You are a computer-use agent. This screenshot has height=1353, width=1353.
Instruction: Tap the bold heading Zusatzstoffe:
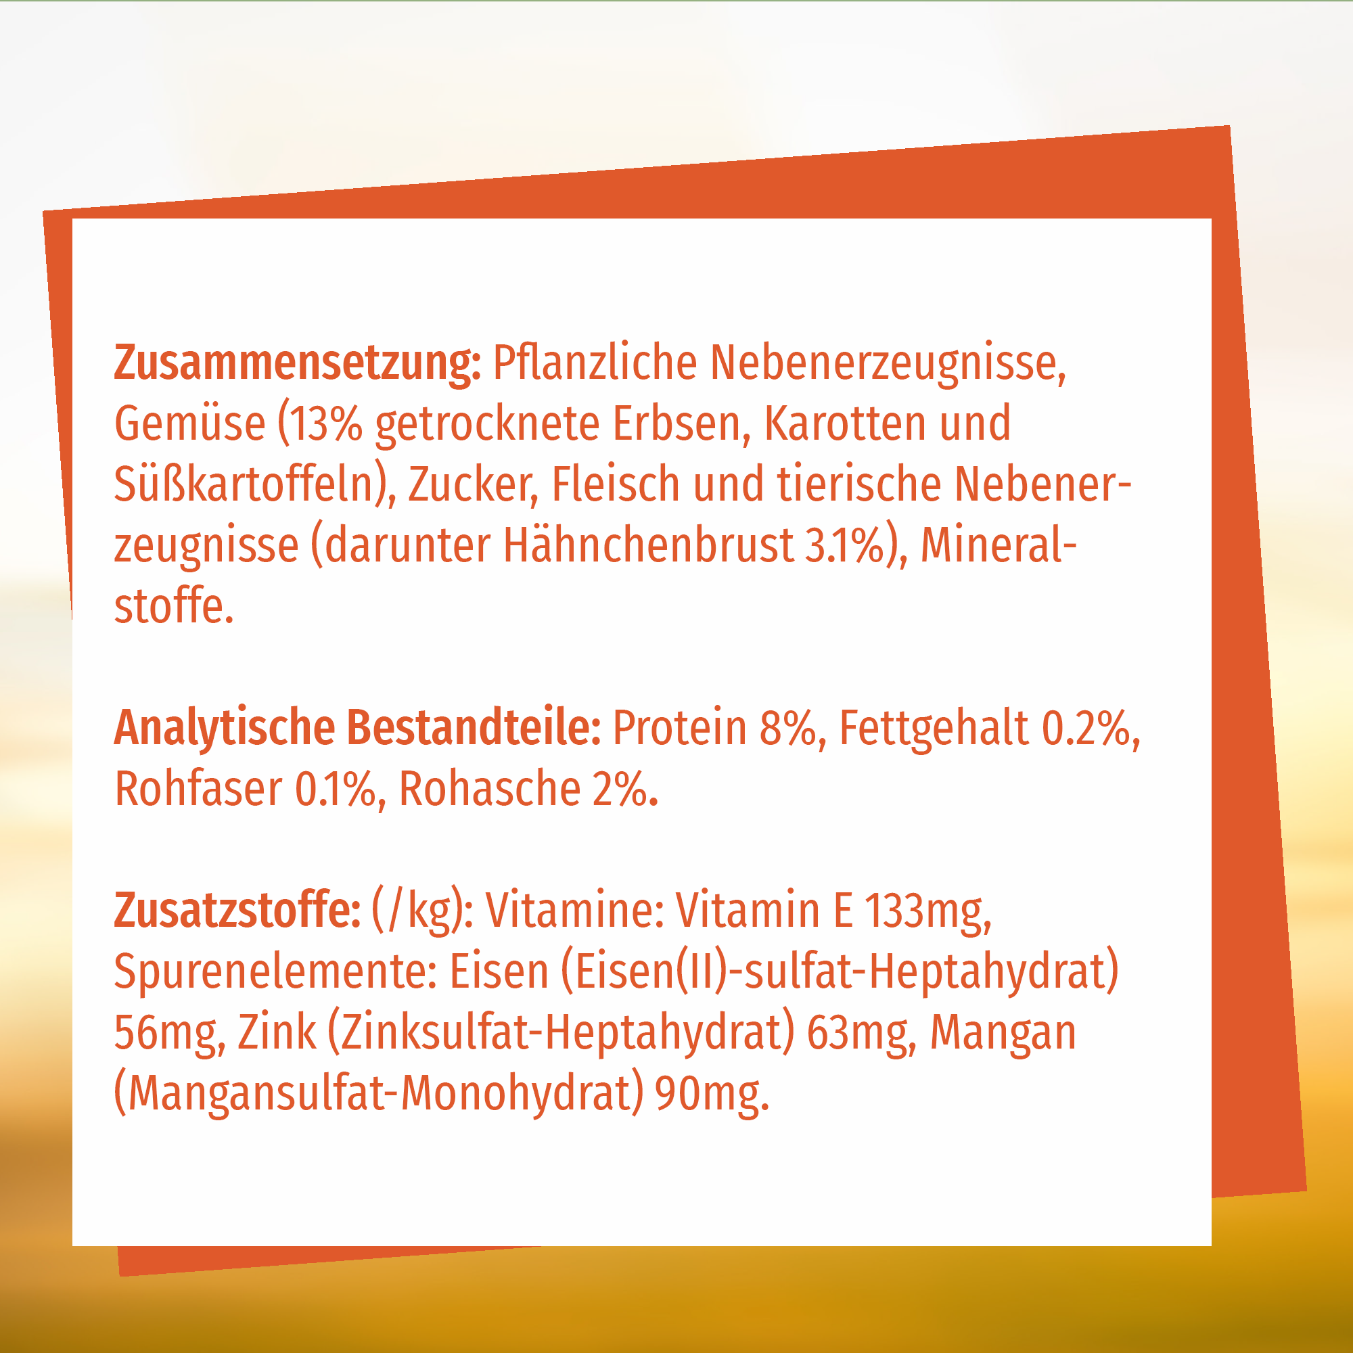point(237,911)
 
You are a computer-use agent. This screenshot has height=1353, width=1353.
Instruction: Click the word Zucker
point(473,485)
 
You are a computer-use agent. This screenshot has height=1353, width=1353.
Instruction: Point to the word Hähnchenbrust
point(648,545)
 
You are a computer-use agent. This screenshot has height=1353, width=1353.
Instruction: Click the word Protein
point(679,729)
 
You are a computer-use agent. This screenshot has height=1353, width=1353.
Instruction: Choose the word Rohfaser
point(198,789)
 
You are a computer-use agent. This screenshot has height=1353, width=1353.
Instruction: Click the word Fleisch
point(616,484)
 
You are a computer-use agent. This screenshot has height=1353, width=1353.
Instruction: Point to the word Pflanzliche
point(595,363)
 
